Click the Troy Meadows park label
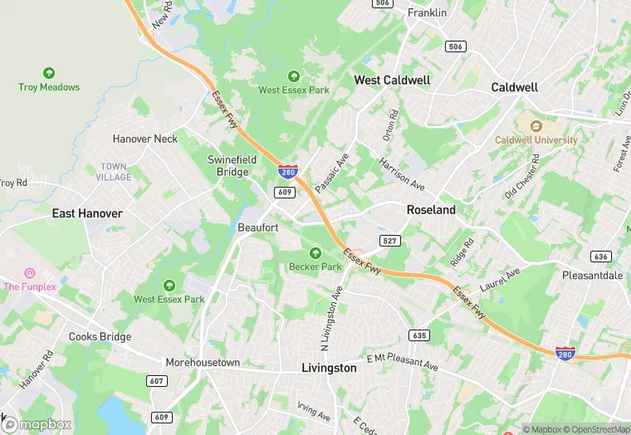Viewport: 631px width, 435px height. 49,87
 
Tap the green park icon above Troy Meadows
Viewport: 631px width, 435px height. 49,73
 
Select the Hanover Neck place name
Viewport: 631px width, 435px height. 145,139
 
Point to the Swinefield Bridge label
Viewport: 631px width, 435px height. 227,165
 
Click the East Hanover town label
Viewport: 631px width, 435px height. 87,213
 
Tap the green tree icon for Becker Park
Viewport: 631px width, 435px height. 315,252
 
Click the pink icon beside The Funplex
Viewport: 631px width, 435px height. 30,273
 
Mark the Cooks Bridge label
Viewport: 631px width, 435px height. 100,337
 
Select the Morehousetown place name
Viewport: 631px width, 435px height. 203,363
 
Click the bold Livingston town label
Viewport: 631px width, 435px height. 329,368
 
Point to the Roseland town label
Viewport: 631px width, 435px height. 431,210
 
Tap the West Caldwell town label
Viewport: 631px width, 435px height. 392,81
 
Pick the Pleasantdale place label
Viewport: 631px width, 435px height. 592,276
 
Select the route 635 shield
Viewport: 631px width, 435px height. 418,335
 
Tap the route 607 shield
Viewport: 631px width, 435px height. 156,380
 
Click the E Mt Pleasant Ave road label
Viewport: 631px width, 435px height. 402,363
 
